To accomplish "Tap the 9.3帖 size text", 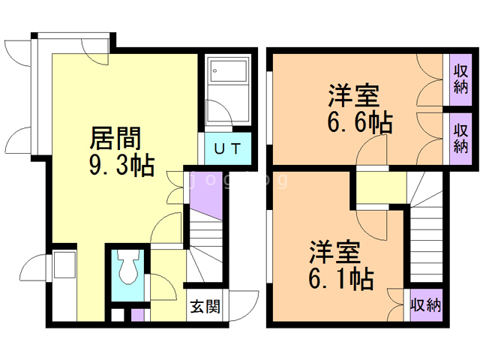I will [x=121, y=163].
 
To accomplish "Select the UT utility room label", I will [x=227, y=148].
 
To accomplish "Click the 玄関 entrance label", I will [x=204, y=307].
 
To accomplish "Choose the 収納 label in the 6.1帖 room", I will [x=425, y=306].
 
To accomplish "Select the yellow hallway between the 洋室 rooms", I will [x=380, y=188].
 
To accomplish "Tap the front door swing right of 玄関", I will [x=240, y=303].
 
